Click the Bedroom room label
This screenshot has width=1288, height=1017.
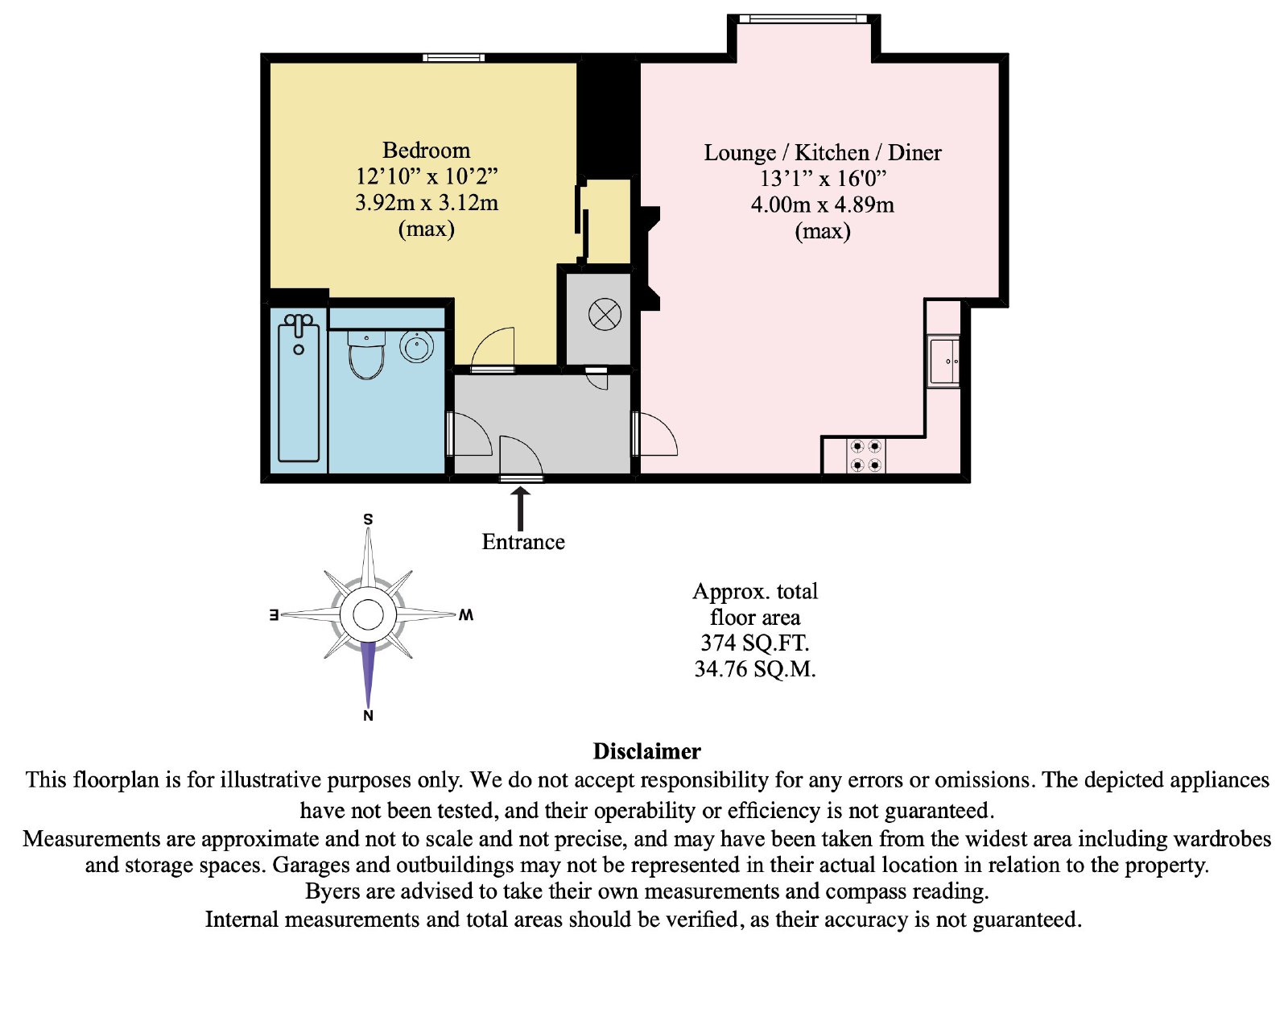[426, 150]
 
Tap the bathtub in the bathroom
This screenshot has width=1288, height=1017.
[299, 388]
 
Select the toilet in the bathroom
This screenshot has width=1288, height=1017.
[365, 356]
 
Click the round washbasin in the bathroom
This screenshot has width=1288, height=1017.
[416, 346]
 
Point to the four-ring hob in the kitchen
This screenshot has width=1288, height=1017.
[866, 456]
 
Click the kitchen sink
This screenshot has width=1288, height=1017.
[944, 361]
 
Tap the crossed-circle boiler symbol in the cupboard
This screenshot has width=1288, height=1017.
[605, 314]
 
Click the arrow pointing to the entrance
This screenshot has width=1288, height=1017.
[520, 508]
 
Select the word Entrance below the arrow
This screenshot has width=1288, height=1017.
[523, 542]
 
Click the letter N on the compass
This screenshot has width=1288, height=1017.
[368, 715]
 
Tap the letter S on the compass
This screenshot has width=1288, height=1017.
[368, 519]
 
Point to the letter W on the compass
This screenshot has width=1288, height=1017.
[465, 614]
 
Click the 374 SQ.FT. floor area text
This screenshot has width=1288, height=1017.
[755, 643]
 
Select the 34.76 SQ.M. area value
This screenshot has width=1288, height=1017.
[755, 668]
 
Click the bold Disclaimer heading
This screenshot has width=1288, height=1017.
[646, 751]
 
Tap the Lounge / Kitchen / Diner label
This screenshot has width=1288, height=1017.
[823, 153]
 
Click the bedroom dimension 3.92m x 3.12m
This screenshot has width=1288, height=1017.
[426, 202]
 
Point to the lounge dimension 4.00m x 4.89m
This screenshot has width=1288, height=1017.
[823, 205]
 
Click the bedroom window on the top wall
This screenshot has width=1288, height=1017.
[454, 57]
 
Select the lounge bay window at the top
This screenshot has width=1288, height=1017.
[803, 19]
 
